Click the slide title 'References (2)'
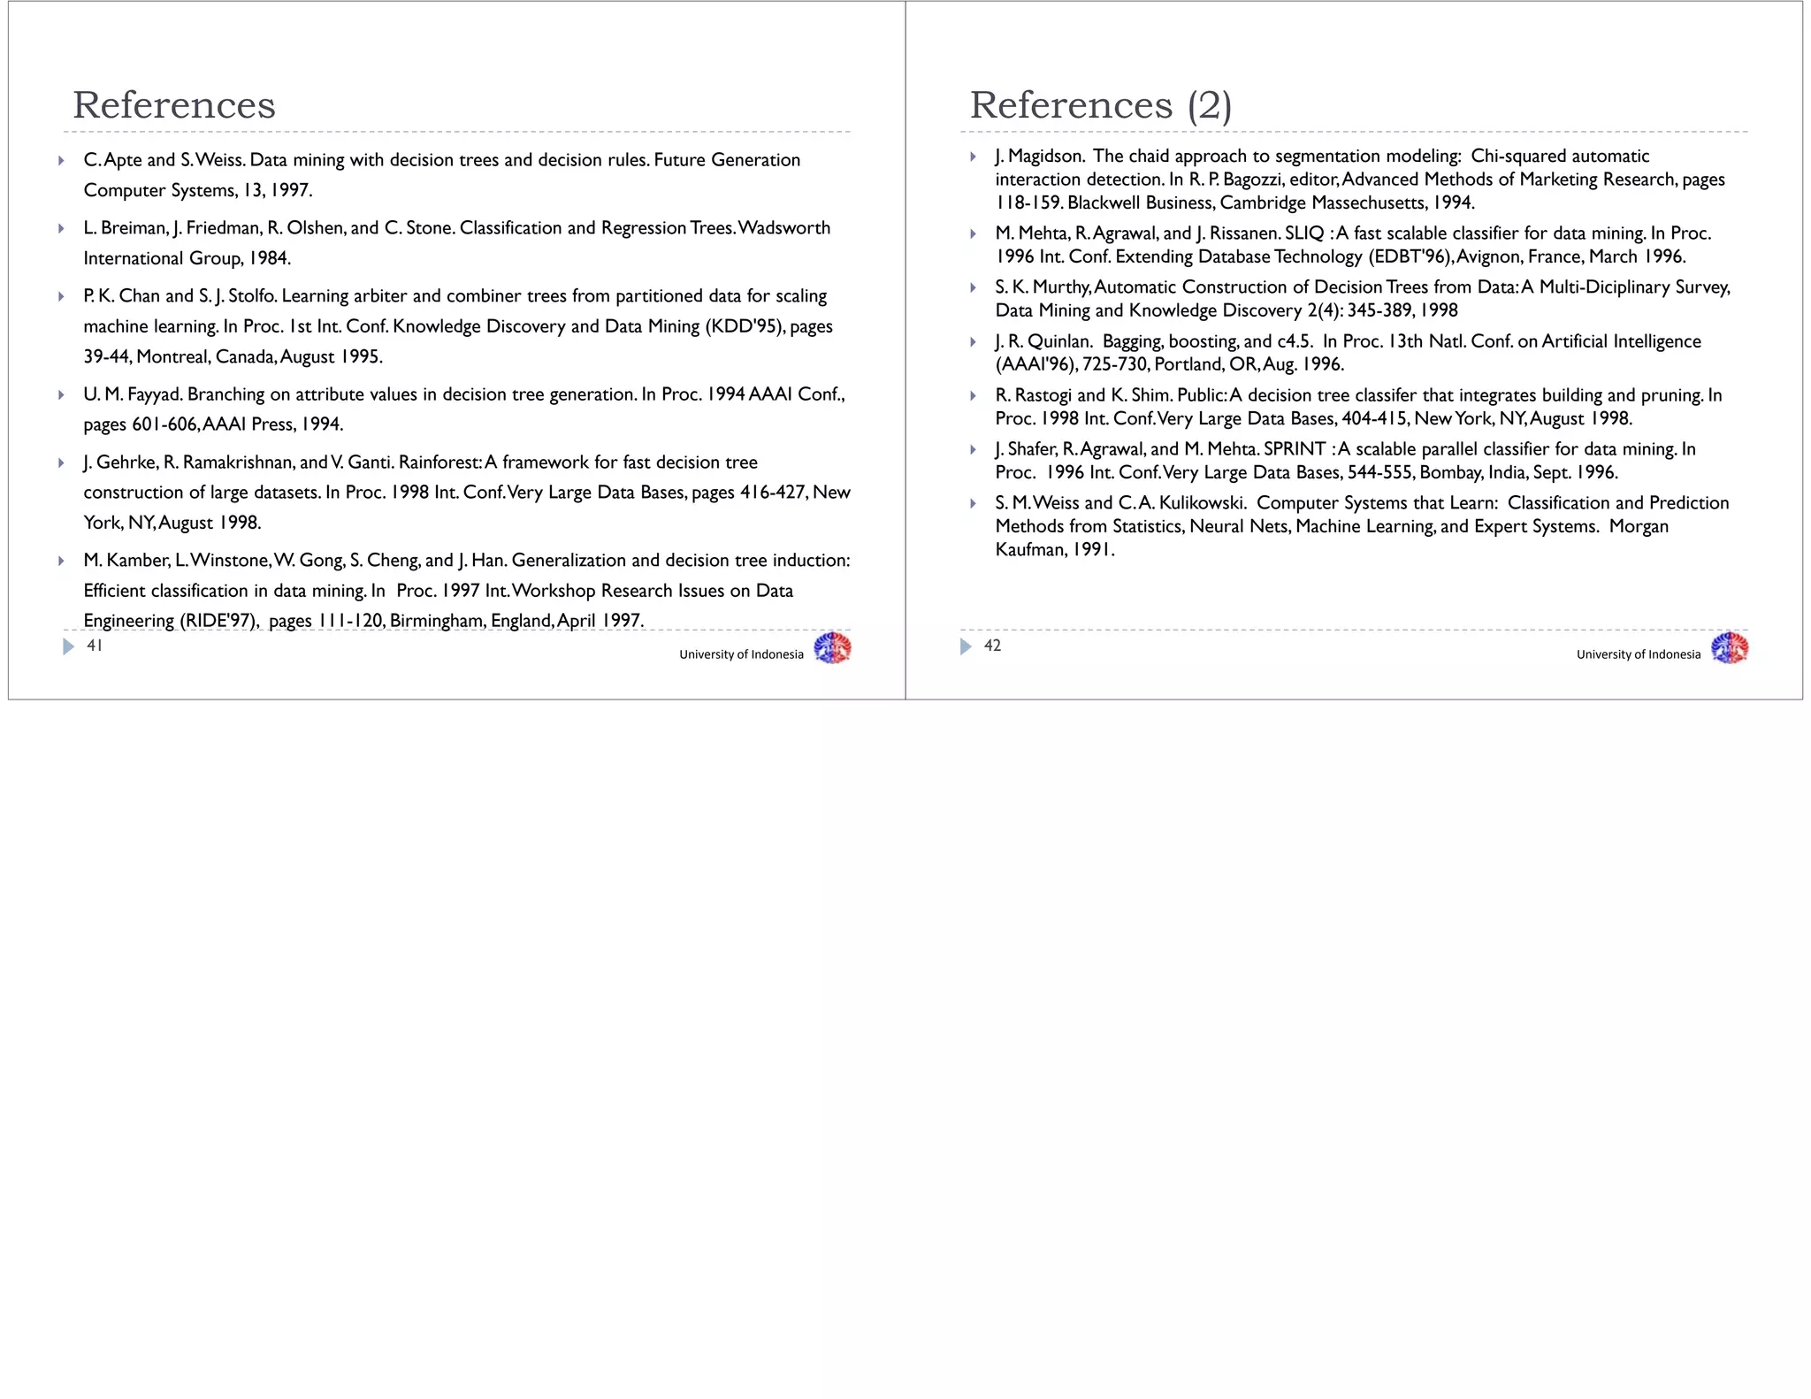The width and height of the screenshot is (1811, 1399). [x=1100, y=105]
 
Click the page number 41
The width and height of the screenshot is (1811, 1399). [x=95, y=646]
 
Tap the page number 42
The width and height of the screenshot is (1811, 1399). [x=992, y=646]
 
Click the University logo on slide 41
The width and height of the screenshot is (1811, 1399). [x=832, y=648]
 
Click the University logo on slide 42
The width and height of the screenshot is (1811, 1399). [x=1730, y=648]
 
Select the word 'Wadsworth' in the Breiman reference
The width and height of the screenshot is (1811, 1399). [x=784, y=228]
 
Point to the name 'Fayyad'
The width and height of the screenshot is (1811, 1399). [x=154, y=394]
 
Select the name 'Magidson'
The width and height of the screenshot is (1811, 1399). [x=1045, y=157]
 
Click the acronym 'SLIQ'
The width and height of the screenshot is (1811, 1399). [x=1304, y=233]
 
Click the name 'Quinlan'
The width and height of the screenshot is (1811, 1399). [x=1058, y=341]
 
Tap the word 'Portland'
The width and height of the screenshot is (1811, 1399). [x=1188, y=364]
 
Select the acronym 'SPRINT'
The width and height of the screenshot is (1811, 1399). [x=1295, y=449]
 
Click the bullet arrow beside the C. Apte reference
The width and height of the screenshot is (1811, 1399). [x=61, y=161]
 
